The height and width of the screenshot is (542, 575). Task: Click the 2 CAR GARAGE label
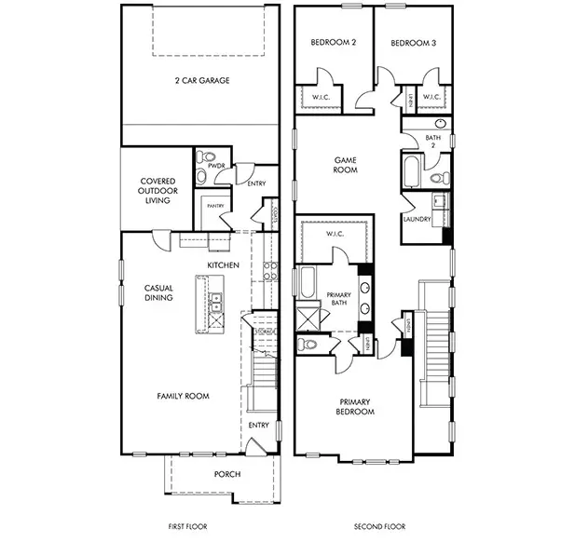(x=202, y=80)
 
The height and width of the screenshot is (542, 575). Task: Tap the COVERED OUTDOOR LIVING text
(x=159, y=191)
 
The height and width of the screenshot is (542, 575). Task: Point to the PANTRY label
(x=213, y=207)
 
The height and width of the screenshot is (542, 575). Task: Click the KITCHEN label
(x=224, y=265)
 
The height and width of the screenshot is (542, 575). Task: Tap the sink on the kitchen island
(x=215, y=301)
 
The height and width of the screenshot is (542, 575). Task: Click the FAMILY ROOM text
(x=183, y=396)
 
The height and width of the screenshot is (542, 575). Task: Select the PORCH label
(x=226, y=474)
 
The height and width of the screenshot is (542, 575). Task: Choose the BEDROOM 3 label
(x=413, y=44)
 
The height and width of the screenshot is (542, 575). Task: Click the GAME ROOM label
(x=347, y=166)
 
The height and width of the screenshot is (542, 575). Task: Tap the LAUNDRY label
(x=417, y=220)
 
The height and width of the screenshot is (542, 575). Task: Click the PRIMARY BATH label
(x=339, y=300)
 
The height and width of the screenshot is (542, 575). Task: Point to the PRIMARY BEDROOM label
(x=355, y=406)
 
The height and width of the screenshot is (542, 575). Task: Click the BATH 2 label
(x=433, y=142)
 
